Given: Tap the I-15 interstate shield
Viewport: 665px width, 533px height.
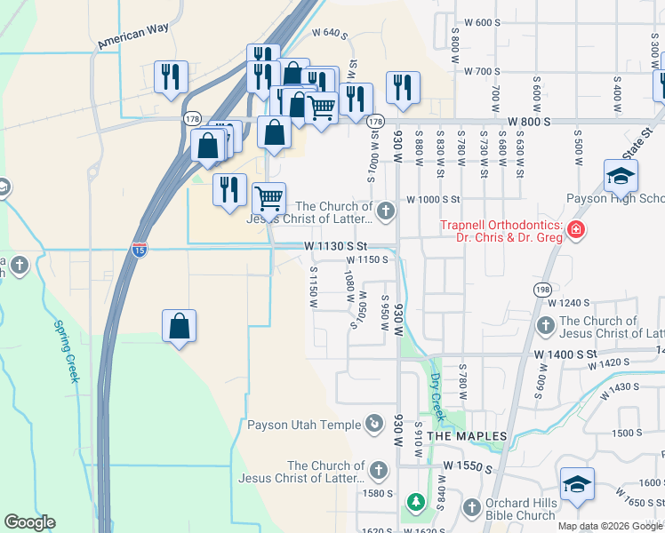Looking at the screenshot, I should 140,249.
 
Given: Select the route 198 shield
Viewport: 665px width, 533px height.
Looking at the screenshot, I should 542,289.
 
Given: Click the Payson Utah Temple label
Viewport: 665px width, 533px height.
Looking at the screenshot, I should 305,424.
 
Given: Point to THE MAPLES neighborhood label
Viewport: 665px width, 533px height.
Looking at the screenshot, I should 467,436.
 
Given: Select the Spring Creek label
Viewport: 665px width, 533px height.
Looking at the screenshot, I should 66,352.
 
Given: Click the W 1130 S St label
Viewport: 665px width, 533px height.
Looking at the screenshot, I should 335,245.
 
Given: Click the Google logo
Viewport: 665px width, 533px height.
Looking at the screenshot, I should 29,522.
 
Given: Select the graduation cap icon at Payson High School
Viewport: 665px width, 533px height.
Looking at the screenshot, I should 621,175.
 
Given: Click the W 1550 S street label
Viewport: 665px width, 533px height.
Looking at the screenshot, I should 461,465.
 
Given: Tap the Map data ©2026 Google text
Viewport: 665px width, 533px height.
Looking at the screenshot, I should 609,526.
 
